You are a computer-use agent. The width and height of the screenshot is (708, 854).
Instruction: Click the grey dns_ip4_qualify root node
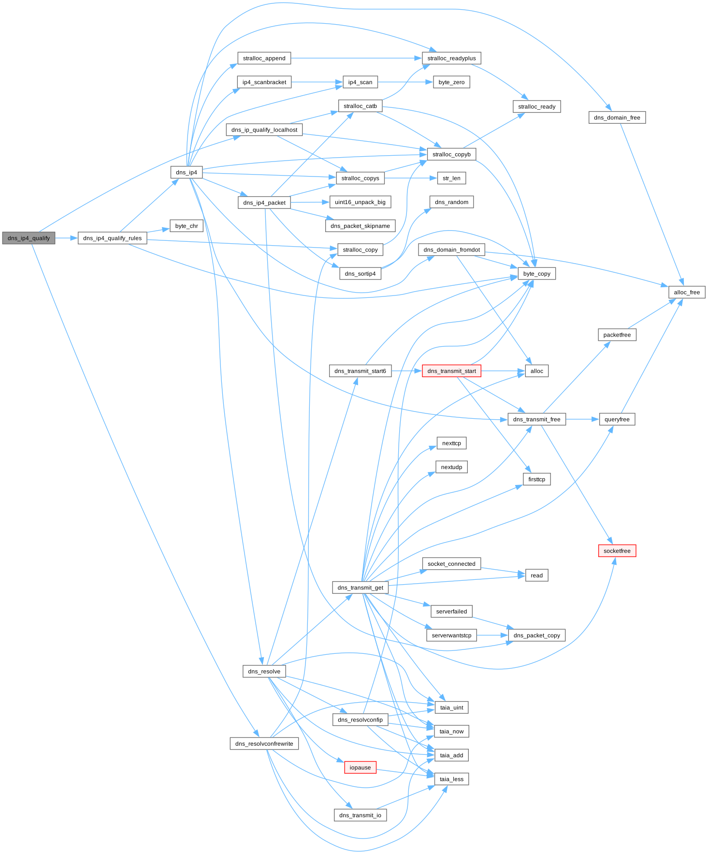[x=29, y=238]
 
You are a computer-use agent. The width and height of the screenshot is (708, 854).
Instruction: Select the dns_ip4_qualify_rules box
[x=112, y=238]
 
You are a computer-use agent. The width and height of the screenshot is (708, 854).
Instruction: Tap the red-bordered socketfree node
[x=617, y=551]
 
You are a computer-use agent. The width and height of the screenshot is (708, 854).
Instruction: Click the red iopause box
[x=360, y=767]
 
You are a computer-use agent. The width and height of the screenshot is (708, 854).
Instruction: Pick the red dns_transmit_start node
[x=451, y=371]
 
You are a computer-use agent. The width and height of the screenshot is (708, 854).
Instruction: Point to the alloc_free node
[x=687, y=292]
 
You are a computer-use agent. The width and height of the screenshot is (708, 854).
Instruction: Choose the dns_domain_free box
[x=617, y=118]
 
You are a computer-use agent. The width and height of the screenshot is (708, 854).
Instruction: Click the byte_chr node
[x=187, y=226]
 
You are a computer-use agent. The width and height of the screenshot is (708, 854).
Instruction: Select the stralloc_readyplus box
[x=451, y=58]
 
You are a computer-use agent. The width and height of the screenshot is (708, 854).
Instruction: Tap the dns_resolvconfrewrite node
[x=264, y=744]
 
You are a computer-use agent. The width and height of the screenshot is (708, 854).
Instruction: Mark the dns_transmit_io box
[x=360, y=815]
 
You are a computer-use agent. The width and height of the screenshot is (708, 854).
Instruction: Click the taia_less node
[x=451, y=779]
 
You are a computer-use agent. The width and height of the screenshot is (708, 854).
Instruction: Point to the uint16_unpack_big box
[x=360, y=202]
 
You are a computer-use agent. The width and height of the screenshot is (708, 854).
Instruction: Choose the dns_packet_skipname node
[x=360, y=226]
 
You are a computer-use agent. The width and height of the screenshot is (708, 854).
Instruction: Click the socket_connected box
[x=451, y=564]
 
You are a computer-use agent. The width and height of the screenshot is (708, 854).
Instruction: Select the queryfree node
[x=617, y=419]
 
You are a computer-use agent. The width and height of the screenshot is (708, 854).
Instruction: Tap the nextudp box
[x=451, y=467]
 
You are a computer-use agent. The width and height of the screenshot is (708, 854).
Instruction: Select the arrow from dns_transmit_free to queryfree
[x=582, y=419]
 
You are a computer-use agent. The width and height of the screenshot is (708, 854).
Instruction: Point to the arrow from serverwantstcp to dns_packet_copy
[x=492, y=635]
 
